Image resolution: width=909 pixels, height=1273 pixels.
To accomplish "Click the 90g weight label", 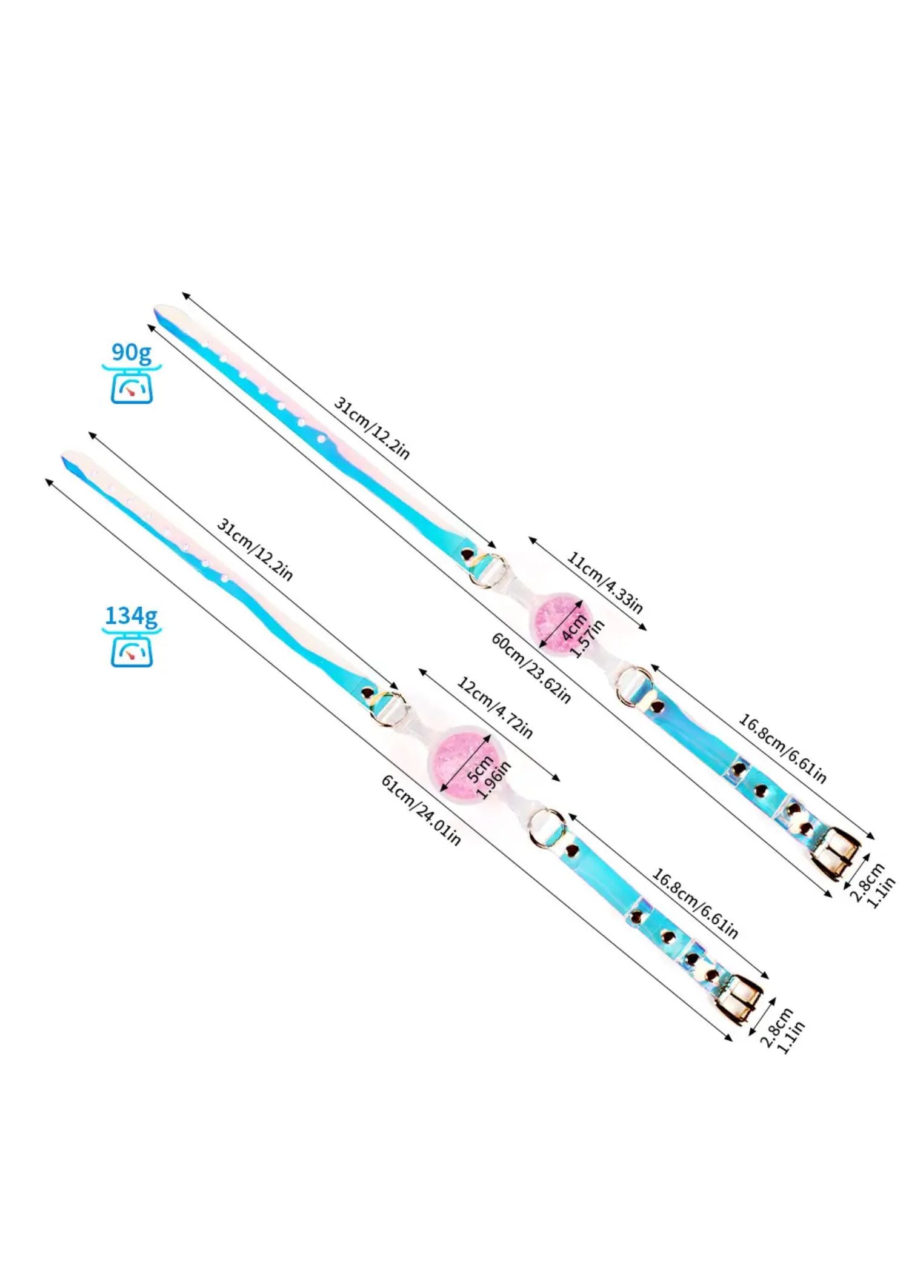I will [131, 352].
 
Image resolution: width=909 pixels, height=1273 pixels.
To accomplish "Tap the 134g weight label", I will [131, 616].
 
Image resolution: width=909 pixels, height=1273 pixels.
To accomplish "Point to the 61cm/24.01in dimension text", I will [421, 810].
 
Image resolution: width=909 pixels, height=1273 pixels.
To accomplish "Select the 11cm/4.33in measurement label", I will [604, 583].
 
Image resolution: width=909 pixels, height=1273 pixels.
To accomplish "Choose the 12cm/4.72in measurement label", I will [494, 708].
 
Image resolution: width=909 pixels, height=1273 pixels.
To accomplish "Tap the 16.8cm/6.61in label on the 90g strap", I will [782, 749].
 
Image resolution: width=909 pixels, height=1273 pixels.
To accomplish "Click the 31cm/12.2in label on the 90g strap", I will [371, 428].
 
